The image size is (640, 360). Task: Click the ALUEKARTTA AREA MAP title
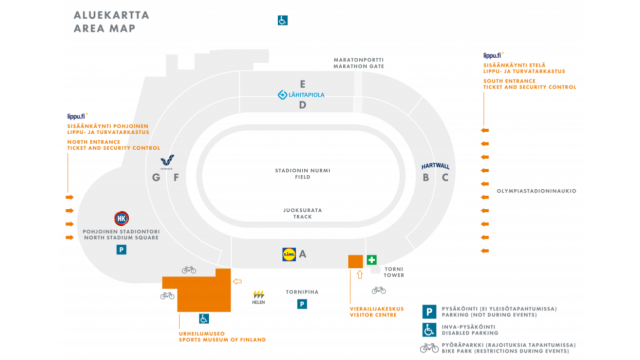click(111, 22)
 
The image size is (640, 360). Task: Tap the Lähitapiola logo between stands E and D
click(301, 95)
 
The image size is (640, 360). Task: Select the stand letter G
click(156, 177)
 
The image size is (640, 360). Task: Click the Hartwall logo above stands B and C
click(435, 166)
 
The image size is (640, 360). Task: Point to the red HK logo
click(121, 218)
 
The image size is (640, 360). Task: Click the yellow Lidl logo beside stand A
click(289, 254)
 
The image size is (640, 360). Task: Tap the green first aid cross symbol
click(371, 260)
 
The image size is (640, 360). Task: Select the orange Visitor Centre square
click(355, 261)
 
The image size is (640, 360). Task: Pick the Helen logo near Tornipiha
click(259, 297)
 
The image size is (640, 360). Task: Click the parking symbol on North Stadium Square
click(121, 250)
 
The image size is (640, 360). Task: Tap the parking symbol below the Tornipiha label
click(302, 304)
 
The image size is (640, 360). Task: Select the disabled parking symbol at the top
click(283, 21)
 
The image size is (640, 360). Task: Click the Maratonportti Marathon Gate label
click(358, 63)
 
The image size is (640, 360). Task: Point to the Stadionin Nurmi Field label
click(302, 174)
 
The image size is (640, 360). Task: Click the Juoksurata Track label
click(302, 213)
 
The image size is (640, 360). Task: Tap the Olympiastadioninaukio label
click(536, 191)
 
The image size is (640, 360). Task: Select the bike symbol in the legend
click(429, 347)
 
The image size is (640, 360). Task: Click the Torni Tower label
click(394, 272)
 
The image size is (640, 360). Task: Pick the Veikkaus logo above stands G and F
click(167, 162)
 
